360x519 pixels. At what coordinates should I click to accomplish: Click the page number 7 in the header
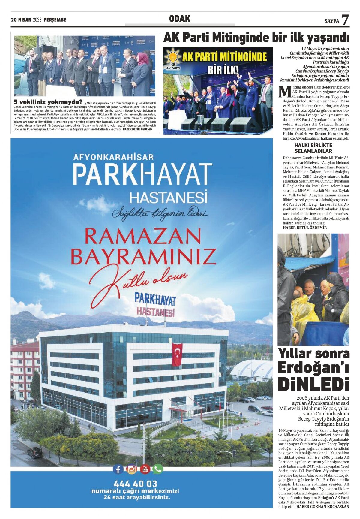(x=345, y=20)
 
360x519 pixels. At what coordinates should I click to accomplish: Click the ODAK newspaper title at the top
(x=180, y=19)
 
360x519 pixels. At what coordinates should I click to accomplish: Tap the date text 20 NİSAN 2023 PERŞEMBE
(x=38, y=20)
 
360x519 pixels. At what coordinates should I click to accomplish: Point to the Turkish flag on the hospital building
(x=177, y=354)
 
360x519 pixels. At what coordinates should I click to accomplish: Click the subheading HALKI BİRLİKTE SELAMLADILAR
(x=313, y=148)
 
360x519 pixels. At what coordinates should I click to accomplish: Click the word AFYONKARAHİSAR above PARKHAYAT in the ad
(x=113, y=157)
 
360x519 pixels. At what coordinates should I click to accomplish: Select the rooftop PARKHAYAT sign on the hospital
(x=155, y=299)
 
